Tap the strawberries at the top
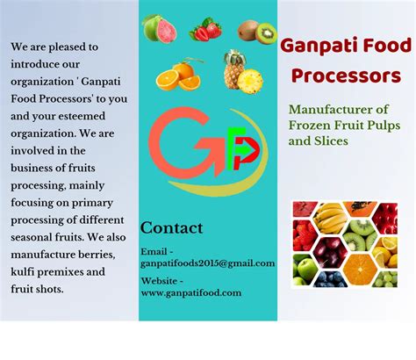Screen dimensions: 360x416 [x=204, y=31]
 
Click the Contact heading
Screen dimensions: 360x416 [x=171, y=228]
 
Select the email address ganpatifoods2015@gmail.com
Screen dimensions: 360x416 [x=207, y=263]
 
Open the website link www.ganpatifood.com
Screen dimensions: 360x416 [x=191, y=293]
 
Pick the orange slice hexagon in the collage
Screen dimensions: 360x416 [x=359, y=268]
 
